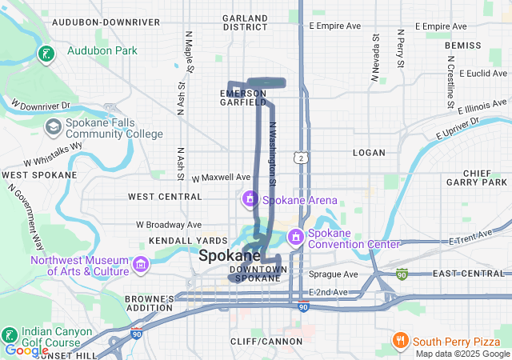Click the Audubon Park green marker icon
[47, 54]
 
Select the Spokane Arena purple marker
[250, 198]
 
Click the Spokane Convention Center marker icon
[295, 236]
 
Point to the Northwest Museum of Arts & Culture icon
[141, 264]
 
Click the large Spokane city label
[230, 256]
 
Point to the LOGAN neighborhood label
[369, 152]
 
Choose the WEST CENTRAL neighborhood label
[165, 196]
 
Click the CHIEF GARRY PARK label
[478, 178]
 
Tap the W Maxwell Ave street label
[222, 177]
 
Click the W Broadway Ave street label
[169, 226]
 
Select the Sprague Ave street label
[333, 274]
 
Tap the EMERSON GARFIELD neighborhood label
[242, 98]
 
